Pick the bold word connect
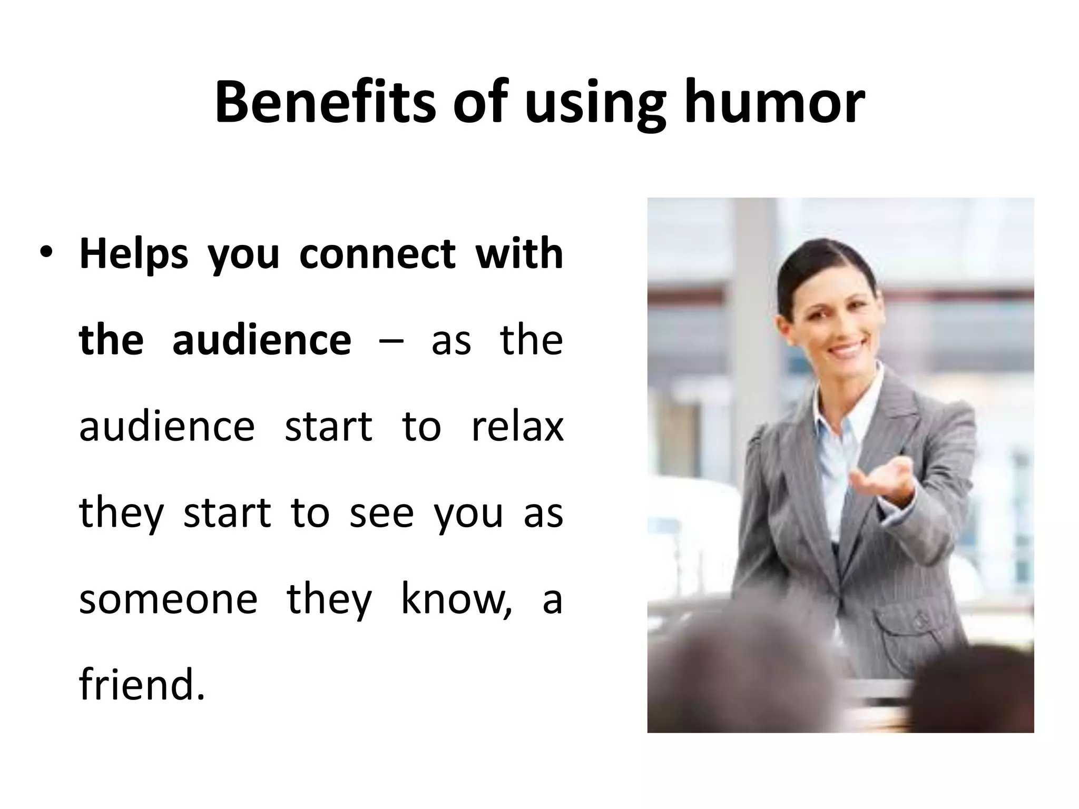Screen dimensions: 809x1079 coord(377,254)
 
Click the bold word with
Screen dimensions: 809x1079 coord(519,253)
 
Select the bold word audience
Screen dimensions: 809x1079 coord(261,340)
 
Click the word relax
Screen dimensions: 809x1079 coord(517,426)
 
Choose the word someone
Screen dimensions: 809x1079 coord(168,599)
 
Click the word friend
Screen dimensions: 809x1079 coord(141,685)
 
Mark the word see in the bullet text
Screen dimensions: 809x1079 coord(381,512)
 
